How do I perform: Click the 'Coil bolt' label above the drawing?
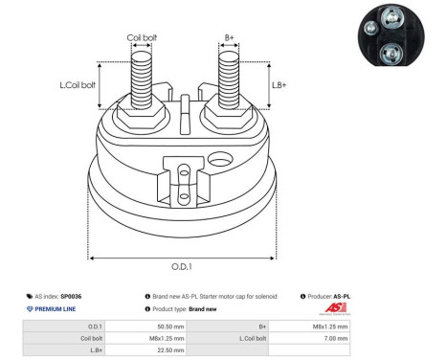tap(143, 38)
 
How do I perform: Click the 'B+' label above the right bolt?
tap(230, 38)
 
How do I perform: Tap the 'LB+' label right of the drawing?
tap(279, 85)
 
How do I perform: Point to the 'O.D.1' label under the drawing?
tap(183, 266)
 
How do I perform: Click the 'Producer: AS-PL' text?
tap(335, 297)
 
